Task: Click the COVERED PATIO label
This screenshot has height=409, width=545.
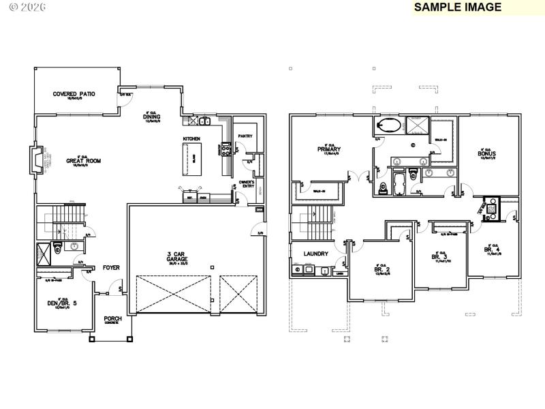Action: tap(74, 94)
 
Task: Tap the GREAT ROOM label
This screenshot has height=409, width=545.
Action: tap(83, 161)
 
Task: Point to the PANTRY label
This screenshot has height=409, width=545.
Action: tap(245, 136)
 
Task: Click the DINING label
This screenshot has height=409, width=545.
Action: tap(151, 117)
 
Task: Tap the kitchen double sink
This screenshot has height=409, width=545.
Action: tap(203, 122)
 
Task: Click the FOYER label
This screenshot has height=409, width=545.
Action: tap(112, 267)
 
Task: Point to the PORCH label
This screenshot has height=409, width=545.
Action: tap(112, 318)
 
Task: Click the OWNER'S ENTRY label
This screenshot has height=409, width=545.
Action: tap(247, 184)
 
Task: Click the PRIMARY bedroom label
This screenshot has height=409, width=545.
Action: tap(328, 149)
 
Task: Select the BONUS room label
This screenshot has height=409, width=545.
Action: tap(486, 154)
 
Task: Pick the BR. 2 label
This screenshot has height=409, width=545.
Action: tap(381, 269)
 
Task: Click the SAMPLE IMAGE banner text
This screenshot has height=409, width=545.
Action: tap(457, 7)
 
